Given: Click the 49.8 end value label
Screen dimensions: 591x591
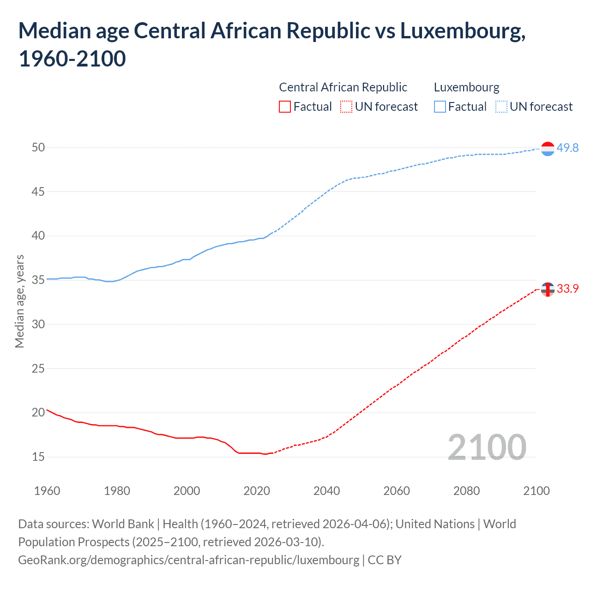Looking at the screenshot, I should (x=567, y=148).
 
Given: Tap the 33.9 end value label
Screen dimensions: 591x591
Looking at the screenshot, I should (x=567, y=289).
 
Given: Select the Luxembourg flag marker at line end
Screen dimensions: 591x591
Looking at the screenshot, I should (x=548, y=149).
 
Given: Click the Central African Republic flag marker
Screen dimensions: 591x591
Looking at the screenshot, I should (x=548, y=289).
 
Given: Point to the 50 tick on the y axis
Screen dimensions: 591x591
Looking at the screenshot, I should (x=38, y=148).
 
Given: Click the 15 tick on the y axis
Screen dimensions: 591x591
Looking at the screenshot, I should (x=38, y=457).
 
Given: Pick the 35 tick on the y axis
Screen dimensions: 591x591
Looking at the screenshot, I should (x=38, y=280).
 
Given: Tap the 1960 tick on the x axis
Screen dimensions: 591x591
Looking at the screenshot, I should (x=47, y=491).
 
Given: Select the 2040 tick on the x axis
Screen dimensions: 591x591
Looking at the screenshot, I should (x=326, y=491).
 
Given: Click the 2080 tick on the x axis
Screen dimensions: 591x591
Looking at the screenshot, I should (x=466, y=491).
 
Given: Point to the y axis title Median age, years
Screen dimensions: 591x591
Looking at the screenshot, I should (x=19, y=301).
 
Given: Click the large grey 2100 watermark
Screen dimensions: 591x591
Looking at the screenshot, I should (x=487, y=447).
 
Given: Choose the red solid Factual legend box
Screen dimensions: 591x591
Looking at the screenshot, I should (x=285, y=107).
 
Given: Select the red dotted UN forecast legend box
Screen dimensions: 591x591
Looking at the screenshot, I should (x=346, y=107).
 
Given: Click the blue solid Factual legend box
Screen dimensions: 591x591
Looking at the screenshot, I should (x=440, y=107).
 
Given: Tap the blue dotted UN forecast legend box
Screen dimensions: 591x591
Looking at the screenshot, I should (x=501, y=107).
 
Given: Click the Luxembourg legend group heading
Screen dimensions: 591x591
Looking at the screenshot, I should (x=466, y=87).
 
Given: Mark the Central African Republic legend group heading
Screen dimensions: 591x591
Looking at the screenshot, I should (x=343, y=87).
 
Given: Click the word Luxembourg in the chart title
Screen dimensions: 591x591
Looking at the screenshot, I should (x=462, y=31).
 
